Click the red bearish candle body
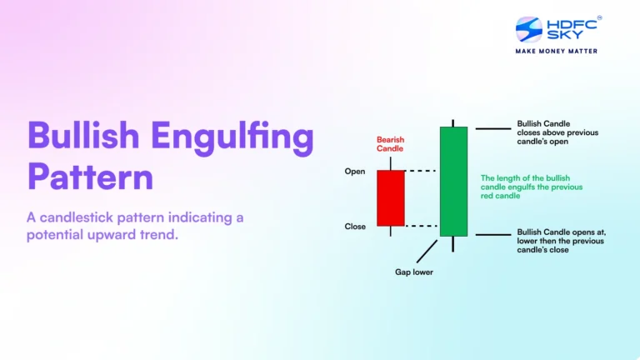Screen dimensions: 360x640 tap(390, 198)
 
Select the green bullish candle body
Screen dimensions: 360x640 tap(453, 181)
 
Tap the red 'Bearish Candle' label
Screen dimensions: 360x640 tap(390, 143)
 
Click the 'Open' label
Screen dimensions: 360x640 tap(355, 172)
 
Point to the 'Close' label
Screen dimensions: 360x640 tap(355, 227)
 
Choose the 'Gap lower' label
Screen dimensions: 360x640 tap(413, 272)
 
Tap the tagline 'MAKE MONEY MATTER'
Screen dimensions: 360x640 tap(557, 51)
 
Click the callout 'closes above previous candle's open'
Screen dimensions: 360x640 tap(557, 132)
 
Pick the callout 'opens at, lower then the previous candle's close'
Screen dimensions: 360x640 tap(560, 241)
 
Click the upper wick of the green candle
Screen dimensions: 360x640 tap(453, 121)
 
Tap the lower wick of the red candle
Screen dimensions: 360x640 tap(390, 231)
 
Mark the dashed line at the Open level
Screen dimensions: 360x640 tap(422, 171)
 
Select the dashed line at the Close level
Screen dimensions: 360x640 tap(422, 226)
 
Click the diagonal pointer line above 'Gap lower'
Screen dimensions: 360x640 tap(427, 250)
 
